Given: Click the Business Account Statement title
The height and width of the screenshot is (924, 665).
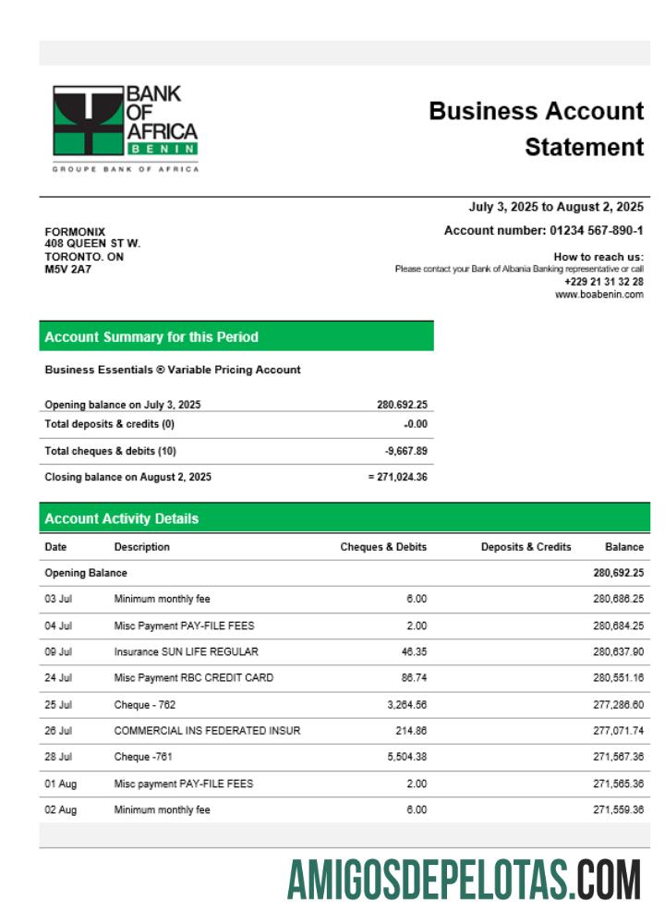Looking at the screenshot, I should [x=536, y=128].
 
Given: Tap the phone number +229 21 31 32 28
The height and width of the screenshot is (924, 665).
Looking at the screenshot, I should [x=604, y=282].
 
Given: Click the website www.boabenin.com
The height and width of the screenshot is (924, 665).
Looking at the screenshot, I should [x=598, y=295].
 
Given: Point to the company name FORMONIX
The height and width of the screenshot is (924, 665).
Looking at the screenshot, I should [x=75, y=231].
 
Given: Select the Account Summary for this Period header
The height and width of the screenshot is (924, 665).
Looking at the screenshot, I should [x=151, y=337].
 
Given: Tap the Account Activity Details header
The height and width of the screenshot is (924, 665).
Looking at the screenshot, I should [x=121, y=518].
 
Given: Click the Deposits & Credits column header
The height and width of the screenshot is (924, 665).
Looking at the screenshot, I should [x=526, y=547].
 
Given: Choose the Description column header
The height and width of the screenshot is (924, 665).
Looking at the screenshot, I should [x=141, y=547].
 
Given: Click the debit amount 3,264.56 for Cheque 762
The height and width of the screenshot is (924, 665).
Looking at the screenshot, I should [x=404, y=705].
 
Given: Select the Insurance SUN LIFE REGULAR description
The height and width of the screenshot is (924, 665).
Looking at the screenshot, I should [x=186, y=651].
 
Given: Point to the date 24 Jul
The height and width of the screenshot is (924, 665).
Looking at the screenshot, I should [x=58, y=678].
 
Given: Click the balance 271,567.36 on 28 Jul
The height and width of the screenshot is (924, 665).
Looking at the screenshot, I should [x=618, y=758].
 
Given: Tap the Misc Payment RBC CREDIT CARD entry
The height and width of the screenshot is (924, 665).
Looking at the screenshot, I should [x=193, y=678].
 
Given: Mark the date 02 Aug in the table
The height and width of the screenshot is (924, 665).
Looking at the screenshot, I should [x=61, y=810].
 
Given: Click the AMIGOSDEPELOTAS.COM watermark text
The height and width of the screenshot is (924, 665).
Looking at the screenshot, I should [x=464, y=880].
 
